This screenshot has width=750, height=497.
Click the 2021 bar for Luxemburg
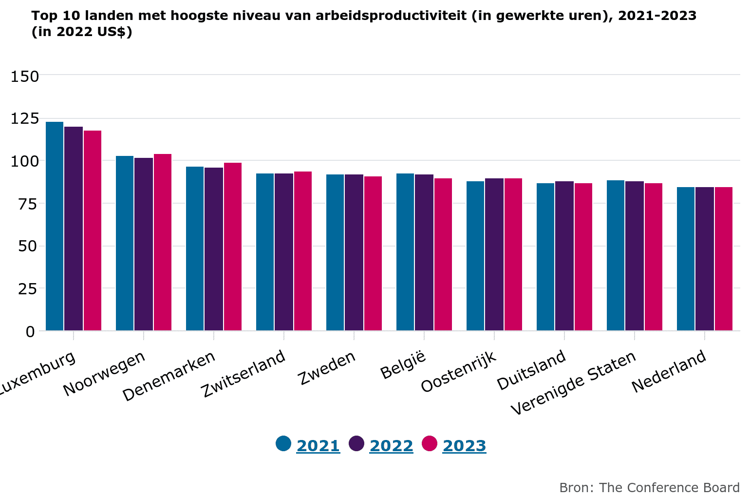tap(55, 226)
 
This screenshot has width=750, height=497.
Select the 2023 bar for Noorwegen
tap(163, 242)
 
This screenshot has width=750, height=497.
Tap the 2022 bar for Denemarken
tap(214, 249)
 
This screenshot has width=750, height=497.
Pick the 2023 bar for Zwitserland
tap(303, 251)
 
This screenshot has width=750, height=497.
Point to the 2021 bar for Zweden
tap(335, 252)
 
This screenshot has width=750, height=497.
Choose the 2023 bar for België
tap(443, 254)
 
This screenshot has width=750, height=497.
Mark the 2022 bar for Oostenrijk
tap(494, 254)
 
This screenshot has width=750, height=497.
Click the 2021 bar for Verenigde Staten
tap(616, 255)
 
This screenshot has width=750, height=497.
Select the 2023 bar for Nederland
tap(724, 259)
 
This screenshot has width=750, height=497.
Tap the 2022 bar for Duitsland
tap(564, 256)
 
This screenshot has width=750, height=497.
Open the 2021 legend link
tap(318, 446)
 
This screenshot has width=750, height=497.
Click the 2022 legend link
tap(391, 446)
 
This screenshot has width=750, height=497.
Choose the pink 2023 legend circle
tap(430, 443)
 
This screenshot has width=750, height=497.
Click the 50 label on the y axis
tap(28, 246)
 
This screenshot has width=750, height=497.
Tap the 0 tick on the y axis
tap(31, 331)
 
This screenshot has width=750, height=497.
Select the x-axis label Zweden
tap(327, 368)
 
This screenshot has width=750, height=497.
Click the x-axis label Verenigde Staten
tap(574, 383)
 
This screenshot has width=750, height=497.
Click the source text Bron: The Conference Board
tap(649, 488)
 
